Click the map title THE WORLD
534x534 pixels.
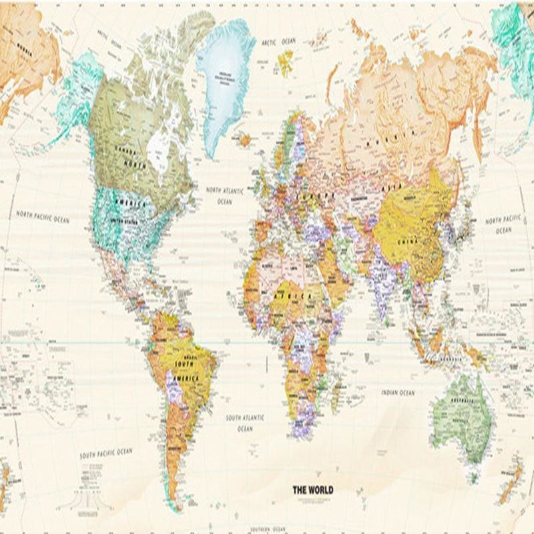pyautogui.click(x=312, y=490)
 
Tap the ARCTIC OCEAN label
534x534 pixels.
pyautogui.click(x=278, y=41)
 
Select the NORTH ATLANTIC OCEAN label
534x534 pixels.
pyautogui.click(x=226, y=195)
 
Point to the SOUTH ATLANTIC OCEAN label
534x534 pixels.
pyautogui.click(x=244, y=423)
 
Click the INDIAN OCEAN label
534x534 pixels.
pyautogui.click(x=398, y=392)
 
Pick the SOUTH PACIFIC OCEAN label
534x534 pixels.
pyautogui.click(x=106, y=453)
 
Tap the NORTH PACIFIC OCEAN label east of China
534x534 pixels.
pyautogui.click(x=503, y=224)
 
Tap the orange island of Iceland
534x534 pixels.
pyautogui.click(x=245, y=140)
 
